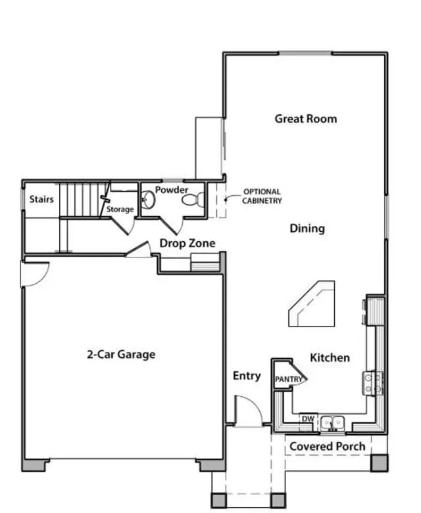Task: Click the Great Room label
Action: [x=306, y=118]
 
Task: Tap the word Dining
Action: [x=307, y=229]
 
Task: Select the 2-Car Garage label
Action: [x=121, y=354]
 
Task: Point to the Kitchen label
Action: [x=330, y=357]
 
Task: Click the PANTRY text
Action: [x=289, y=379]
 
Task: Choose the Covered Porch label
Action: [x=328, y=446]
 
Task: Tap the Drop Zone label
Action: [x=187, y=243]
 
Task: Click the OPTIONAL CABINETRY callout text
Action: [x=262, y=196]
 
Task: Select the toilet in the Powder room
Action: [x=193, y=200]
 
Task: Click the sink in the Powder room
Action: [x=148, y=199]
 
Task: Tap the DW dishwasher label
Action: [x=308, y=419]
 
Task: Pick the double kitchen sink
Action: [x=332, y=424]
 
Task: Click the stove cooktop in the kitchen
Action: [x=373, y=383]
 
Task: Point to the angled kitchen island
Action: [x=312, y=303]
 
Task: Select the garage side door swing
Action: [x=35, y=274]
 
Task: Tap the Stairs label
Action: [x=41, y=199]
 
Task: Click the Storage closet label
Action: [x=120, y=209]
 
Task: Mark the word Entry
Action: [x=247, y=376]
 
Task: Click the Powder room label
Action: [x=172, y=190]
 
